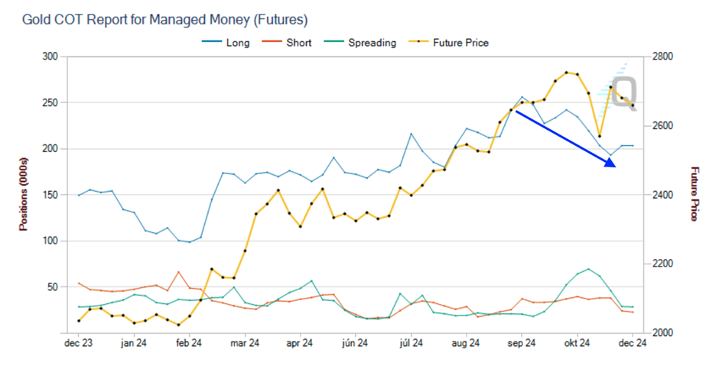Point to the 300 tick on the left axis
tap(50, 57)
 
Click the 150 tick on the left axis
tap(50, 195)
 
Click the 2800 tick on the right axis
tap(662, 57)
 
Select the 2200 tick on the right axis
tap(662, 264)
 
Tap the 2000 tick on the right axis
tap(662, 333)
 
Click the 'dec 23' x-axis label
tap(79, 345)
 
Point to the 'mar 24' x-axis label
tap(245, 345)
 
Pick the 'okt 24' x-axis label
tap(577, 345)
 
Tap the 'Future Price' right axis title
tap(695, 195)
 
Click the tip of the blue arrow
tap(616, 166)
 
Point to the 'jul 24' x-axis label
tap(412, 345)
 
